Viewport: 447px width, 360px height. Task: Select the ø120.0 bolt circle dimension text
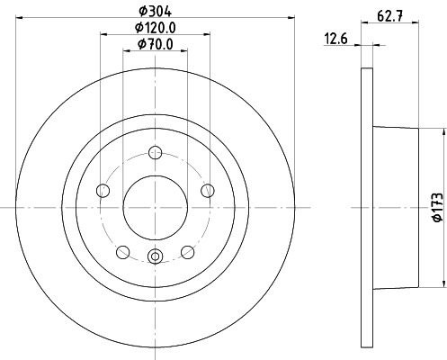click(154, 28)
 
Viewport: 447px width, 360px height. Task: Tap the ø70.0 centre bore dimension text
click(154, 44)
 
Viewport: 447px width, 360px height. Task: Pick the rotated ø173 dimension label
click(435, 205)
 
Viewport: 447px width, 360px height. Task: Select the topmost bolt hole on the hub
click(155, 153)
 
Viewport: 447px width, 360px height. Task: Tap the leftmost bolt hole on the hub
click(103, 190)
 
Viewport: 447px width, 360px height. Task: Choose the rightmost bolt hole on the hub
click(208, 190)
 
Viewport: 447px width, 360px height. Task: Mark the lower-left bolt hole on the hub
click(123, 251)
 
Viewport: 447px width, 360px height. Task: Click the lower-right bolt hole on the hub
click(187, 251)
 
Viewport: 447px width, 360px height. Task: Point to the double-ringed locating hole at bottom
click(155, 257)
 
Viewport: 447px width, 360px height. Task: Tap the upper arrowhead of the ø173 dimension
click(442, 130)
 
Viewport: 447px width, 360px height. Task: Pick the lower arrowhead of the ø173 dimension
click(442, 281)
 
